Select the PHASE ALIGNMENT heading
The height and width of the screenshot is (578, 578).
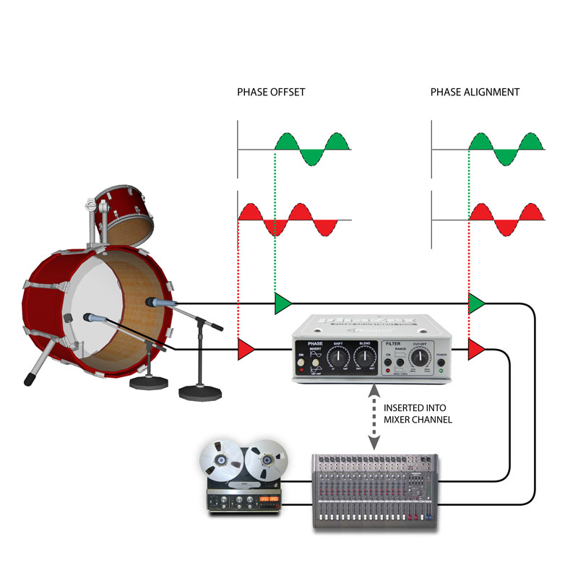pos(475,92)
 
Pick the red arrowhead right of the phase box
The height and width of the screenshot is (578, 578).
pos(476,350)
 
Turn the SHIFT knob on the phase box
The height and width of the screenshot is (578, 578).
pos(337,355)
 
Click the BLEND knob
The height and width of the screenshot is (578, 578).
pos(363,355)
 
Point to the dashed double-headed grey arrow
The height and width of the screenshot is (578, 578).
pos(374,417)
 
